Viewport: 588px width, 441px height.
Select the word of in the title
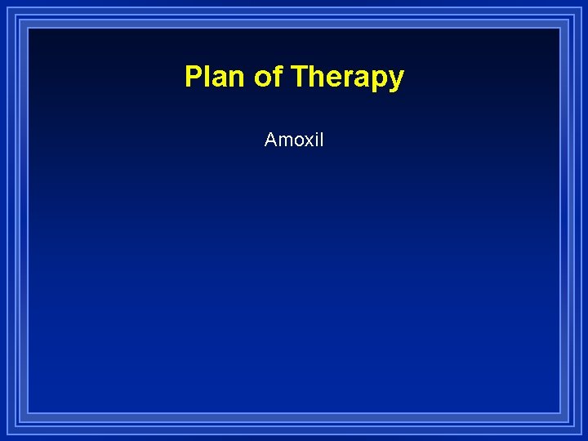click(267, 77)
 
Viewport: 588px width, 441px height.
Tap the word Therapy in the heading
click(347, 78)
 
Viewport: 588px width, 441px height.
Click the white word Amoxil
click(294, 140)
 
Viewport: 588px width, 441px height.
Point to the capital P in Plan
click(193, 77)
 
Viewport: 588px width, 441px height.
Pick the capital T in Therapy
click(298, 77)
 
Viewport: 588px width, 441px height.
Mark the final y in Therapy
click(396, 81)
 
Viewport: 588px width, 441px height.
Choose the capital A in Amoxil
click(270, 140)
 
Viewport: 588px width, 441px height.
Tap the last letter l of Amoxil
click(321, 140)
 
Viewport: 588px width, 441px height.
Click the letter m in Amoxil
click(284, 141)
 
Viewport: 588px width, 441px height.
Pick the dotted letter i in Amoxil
click(315, 140)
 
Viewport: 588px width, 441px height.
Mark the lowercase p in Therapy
click(380, 81)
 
